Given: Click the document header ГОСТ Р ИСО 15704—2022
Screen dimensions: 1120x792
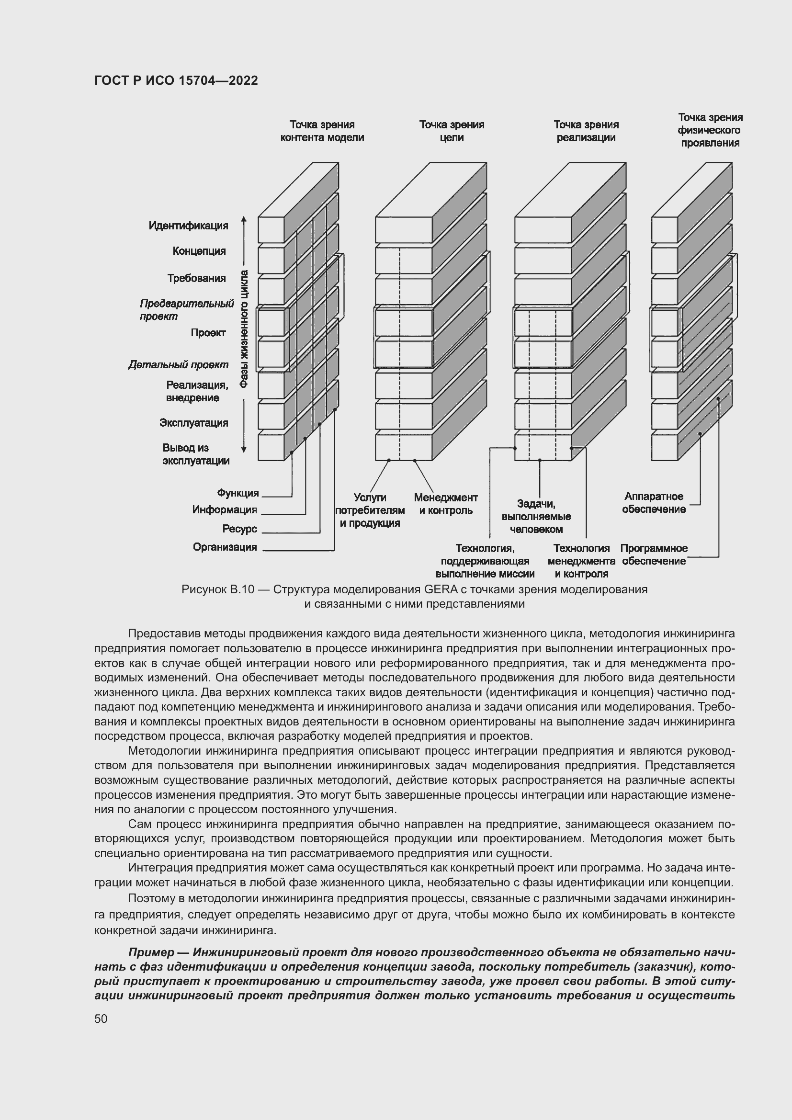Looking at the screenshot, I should coord(176,80).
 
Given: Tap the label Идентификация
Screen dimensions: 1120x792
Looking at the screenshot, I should coord(188,226).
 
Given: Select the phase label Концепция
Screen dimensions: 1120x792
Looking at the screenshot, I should coord(199,251).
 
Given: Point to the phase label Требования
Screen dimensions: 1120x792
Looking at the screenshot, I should coord(196,279).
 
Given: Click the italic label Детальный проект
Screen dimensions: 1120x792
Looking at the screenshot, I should coord(178,365).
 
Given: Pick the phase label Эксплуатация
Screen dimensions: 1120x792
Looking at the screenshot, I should coord(193,423).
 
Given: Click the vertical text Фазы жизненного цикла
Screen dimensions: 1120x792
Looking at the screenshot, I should coord(244,329).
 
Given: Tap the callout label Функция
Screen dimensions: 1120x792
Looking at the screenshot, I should coord(238,493).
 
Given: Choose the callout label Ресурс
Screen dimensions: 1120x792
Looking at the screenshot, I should coord(239,529).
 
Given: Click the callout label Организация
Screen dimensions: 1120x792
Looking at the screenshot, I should coord(225,547).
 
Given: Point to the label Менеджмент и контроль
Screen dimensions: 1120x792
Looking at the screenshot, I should coord(446,504).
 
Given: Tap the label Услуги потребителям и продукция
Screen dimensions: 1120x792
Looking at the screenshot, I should coord(370,510).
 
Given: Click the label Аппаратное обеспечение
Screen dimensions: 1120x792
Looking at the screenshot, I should coord(654,503).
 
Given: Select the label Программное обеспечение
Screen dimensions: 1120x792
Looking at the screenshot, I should coord(654,555).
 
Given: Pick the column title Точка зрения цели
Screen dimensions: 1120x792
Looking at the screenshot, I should coord(452,131).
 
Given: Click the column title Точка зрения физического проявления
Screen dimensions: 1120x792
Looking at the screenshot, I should coord(710,130).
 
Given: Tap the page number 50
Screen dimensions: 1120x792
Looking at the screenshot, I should coord(101,1018).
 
